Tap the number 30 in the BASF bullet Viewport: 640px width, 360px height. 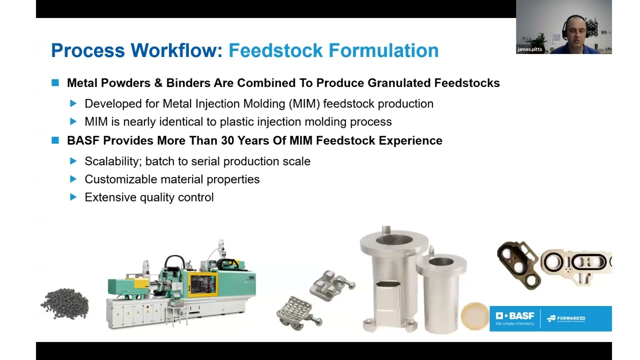pyautogui.click(x=228, y=140)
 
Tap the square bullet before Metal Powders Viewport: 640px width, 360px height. pyautogui.click(x=55, y=82)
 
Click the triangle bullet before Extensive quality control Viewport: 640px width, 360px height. pyautogui.click(x=73, y=197)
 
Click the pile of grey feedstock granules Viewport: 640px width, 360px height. pyautogui.click(x=64, y=303)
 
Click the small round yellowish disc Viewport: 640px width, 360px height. pyautogui.click(x=474, y=316)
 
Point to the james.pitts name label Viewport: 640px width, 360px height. pyautogui.click(x=530, y=49)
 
